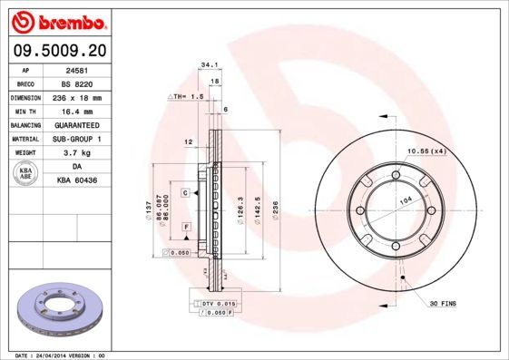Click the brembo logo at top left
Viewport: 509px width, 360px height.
(x=56, y=20)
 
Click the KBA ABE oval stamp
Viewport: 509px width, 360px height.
(x=24, y=173)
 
